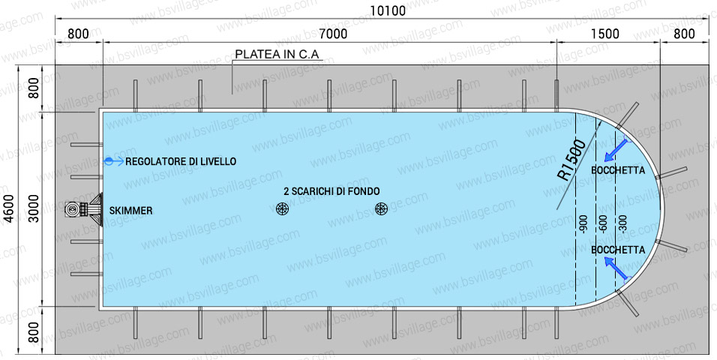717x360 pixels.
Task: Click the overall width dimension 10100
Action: [x=388, y=10]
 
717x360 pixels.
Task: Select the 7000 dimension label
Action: [x=333, y=34]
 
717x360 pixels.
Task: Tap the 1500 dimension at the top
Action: [x=605, y=34]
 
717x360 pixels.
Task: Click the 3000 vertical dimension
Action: [x=34, y=209]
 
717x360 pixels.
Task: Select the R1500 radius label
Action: [x=572, y=160]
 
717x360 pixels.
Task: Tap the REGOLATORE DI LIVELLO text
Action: [x=181, y=161]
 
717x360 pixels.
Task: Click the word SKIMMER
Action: [x=130, y=211]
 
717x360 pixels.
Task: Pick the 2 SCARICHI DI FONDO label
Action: [x=331, y=191]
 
